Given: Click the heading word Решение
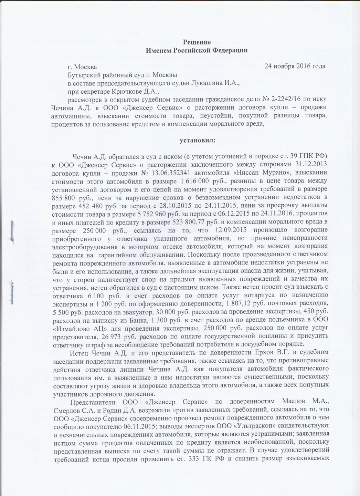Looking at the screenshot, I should (197, 42).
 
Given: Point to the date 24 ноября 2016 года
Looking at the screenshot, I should (295, 66).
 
